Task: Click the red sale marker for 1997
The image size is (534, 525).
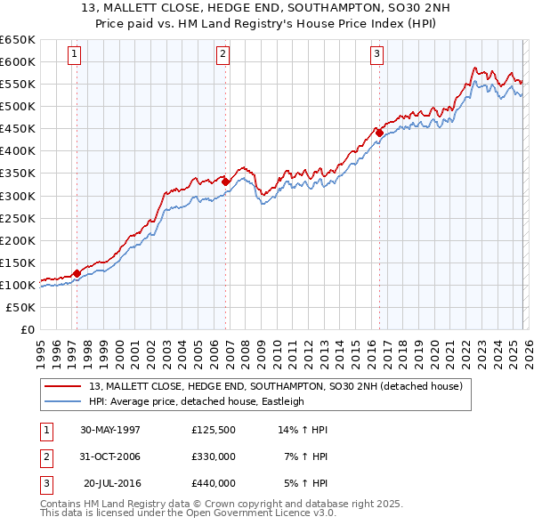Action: click(77, 273)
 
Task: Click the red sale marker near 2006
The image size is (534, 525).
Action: click(226, 182)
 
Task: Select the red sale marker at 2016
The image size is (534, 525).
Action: click(379, 133)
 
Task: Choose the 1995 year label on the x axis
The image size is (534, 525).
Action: click(41, 347)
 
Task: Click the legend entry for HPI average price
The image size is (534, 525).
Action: click(196, 401)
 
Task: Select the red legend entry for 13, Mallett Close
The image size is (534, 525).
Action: click(275, 387)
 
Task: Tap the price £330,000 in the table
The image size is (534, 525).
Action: click(213, 456)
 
